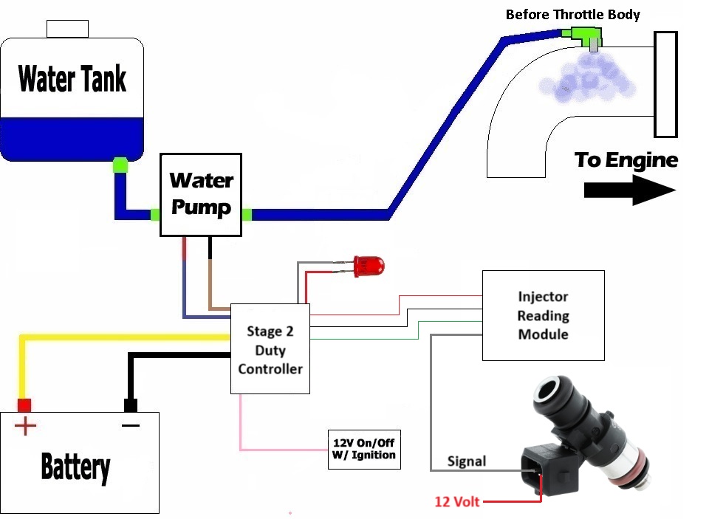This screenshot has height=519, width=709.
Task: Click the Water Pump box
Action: tap(201, 195)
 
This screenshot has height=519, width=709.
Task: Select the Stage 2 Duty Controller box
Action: tap(270, 348)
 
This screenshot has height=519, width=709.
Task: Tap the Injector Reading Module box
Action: tap(543, 315)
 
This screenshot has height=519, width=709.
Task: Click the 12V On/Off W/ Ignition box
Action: tap(364, 450)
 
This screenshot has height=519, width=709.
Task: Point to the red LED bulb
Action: tap(369, 267)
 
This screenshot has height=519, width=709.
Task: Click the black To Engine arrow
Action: tap(630, 190)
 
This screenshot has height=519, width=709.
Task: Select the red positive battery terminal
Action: tap(24, 405)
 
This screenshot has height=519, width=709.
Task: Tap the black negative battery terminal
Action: tap(131, 405)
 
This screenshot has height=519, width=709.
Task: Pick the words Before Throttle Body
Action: tap(573, 15)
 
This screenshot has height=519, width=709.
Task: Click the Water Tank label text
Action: tap(72, 78)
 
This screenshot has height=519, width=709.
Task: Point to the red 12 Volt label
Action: tap(456, 501)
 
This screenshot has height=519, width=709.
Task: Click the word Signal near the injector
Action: tap(467, 461)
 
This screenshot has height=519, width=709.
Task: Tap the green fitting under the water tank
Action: tap(120, 165)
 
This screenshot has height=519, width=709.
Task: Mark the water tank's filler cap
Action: tap(67, 29)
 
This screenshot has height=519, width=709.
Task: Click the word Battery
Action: tap(75, 467)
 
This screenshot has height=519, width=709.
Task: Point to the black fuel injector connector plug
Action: tap(549, 470)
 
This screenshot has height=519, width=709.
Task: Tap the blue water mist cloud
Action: tap(587, 78)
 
